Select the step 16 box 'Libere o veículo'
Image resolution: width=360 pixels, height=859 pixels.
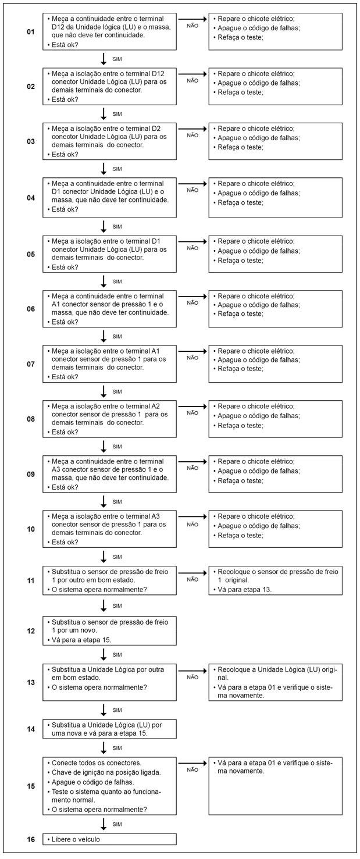(109, 839)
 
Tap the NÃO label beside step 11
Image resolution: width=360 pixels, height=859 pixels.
(193, 579)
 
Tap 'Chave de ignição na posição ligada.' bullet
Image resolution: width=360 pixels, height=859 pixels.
(104, 772)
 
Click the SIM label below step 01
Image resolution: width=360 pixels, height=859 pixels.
(117, 59)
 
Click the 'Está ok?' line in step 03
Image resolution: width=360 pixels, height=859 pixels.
(65, 154)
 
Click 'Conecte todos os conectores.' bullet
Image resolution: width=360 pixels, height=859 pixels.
(96, 763)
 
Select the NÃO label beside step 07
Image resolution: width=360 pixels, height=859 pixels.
(193, 358)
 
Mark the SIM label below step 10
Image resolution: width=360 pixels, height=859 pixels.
(117, 557)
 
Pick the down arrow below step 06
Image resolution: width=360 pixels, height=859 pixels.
(104, 336)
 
